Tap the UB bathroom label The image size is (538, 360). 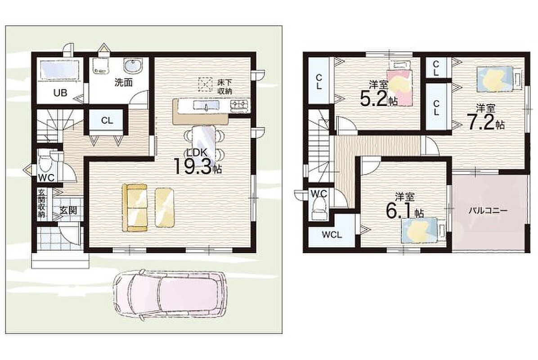tap(60, 93)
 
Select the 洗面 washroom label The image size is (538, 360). tap(124, 83)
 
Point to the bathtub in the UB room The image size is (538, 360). tap(60, 71)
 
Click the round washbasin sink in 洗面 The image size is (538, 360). tap(133, 66)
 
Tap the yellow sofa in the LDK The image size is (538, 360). tap(135, 207)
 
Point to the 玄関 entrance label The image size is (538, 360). tap(68, 210)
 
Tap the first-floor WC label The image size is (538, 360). tap(46, 177)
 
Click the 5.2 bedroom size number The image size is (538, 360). tap(374, 99)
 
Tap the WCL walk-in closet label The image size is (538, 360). tap(332, 235)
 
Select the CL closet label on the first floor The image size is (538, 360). tap(107, 121)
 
